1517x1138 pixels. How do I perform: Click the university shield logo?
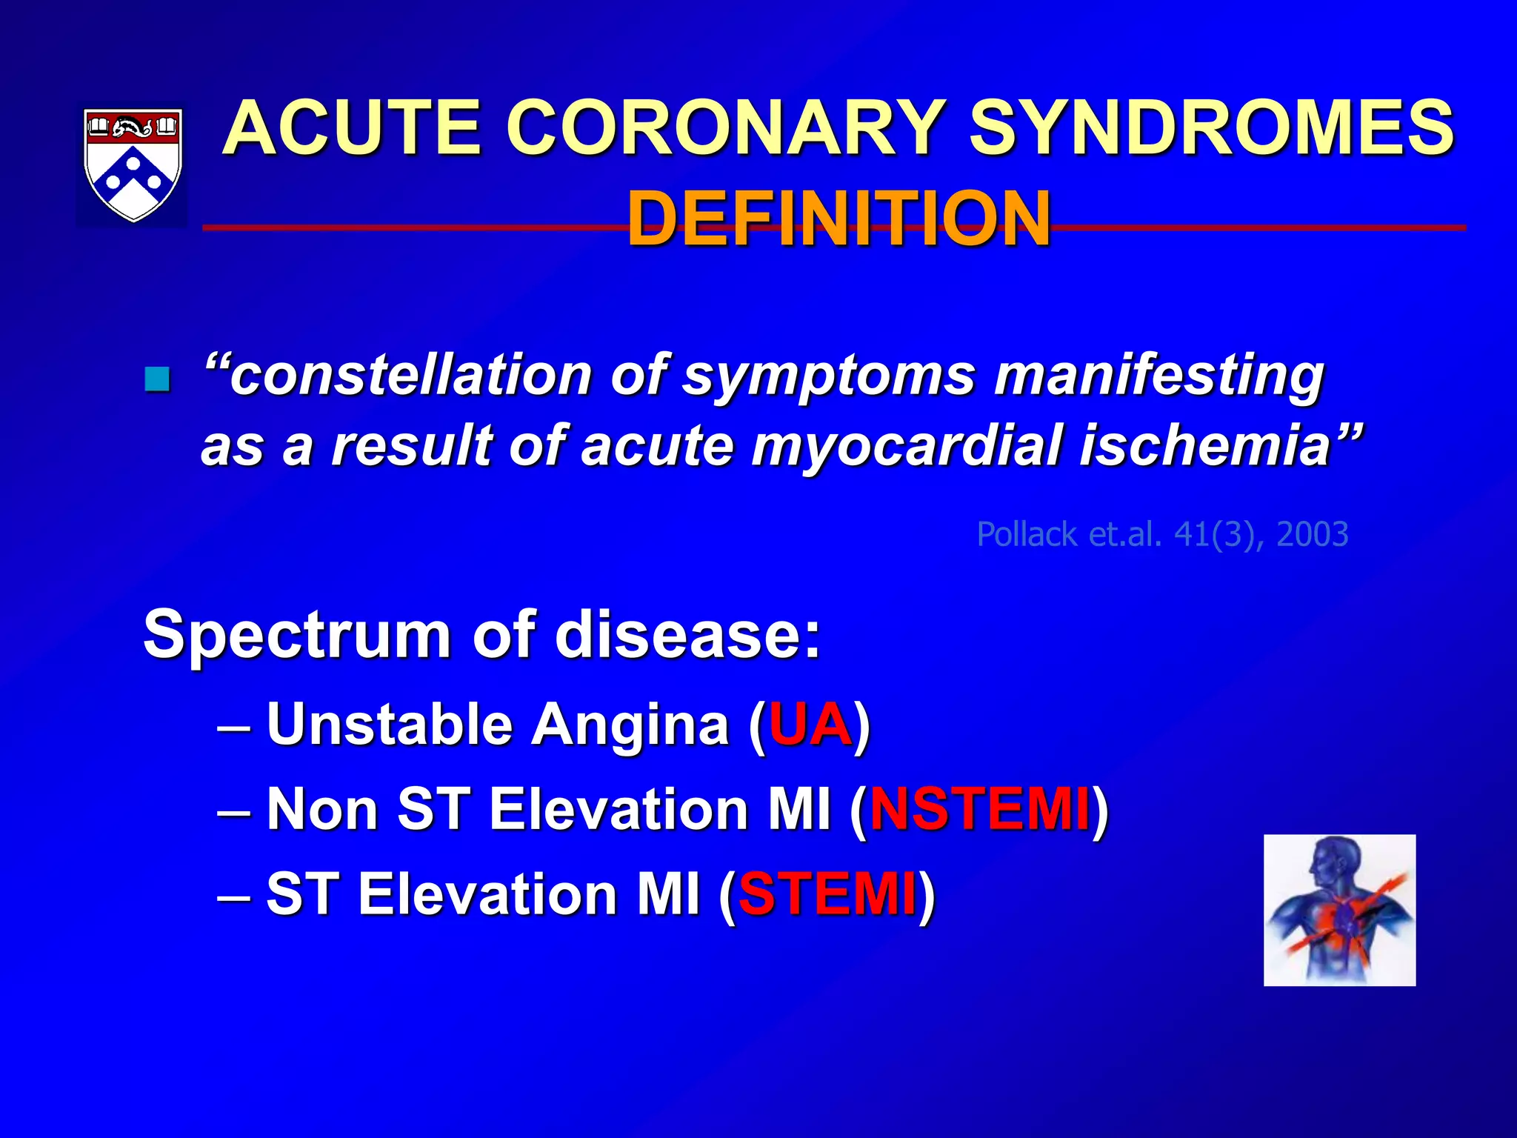133,164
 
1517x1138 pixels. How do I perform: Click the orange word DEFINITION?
838,219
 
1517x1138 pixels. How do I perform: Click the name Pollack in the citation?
1027,534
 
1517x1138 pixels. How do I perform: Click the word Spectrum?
297,636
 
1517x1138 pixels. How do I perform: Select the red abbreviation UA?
810,724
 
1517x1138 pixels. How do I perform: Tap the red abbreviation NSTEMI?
979,808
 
